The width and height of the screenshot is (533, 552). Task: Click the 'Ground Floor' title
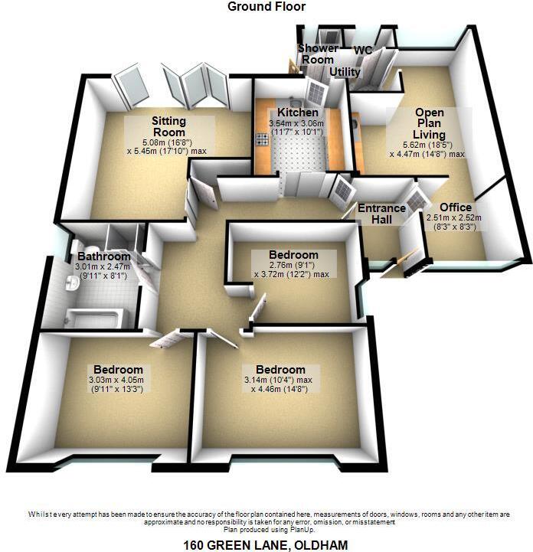(x=266, y=7)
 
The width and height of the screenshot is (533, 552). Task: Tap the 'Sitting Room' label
(x=169, y=127)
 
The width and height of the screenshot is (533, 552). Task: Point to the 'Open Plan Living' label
(x=429, y=122)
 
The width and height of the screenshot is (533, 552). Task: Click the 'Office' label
(x=456, y=207)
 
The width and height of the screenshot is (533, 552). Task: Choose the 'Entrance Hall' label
(x=381, y=214)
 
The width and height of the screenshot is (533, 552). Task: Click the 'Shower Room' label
(x=317, y=54)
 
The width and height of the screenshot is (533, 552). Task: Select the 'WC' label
(x=363, y=51)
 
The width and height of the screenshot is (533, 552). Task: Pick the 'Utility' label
(x=345, y=72)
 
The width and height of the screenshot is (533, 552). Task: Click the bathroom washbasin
(x=71, y=284)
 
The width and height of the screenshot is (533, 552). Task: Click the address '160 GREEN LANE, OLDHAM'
(x=266, y=544)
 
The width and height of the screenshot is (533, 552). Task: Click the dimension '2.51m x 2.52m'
(x=455, y=217)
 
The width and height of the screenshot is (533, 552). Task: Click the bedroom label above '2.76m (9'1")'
(x=293, y=255)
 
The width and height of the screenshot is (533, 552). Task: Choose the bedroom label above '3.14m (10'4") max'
(x=280, y=369)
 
